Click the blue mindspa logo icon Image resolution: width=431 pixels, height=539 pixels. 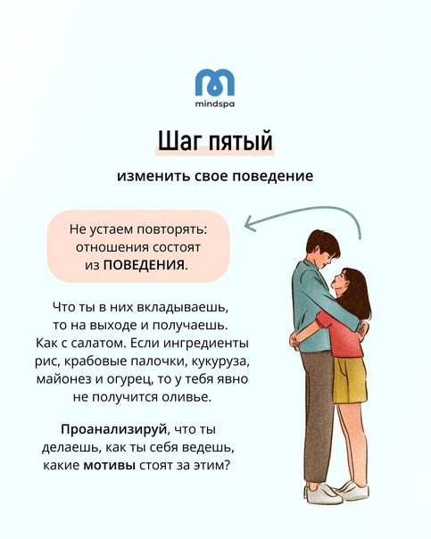coord(215,82)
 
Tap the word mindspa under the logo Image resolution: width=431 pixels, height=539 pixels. coord(215,104)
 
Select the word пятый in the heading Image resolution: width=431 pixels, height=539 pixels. coord(241,142)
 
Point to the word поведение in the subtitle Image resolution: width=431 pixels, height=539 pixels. coord(273,176)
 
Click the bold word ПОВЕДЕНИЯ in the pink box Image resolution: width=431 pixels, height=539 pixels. coord(144,266)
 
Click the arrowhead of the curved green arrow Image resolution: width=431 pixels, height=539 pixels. coord(250,223)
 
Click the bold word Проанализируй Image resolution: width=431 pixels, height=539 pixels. coord(113,430)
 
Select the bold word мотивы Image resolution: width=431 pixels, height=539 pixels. coord(109,466)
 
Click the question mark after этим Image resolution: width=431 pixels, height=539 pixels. coord(226,465)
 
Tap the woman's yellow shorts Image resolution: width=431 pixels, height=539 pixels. coord(349,380)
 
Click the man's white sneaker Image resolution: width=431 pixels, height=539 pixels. coord(321,494)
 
